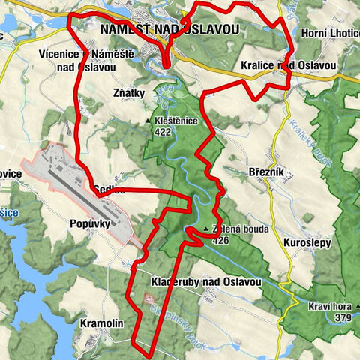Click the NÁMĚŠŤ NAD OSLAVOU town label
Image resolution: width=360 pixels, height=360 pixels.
[169, 29]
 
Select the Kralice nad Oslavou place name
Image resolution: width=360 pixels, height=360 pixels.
[289, 66]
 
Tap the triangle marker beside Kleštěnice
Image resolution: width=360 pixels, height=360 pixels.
[148, 120]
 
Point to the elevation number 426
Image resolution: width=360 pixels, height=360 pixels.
[220, 241]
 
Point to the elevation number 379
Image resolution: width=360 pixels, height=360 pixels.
[343, 318]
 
